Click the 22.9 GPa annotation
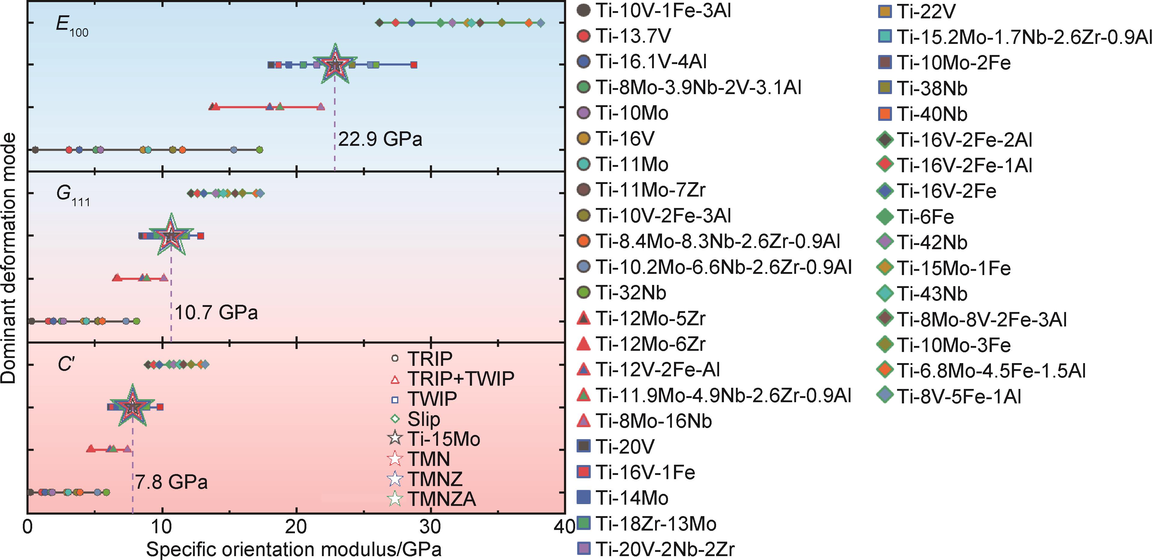tap(380, 139)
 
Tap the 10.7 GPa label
tap(216, 312)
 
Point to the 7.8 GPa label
tap(171, 482)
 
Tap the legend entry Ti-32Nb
tap(630, 293)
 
